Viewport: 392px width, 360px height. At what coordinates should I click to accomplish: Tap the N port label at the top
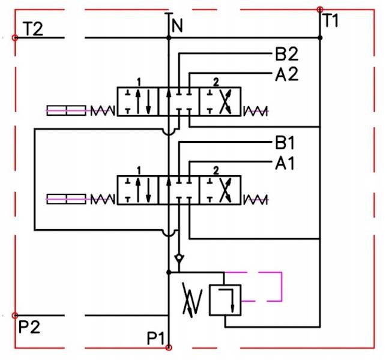pos(177,25)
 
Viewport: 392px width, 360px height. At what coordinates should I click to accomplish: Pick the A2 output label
pos(287,74)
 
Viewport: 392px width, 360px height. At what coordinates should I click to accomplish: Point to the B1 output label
pos(286,144)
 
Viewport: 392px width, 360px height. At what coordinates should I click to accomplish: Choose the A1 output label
pos(286,163)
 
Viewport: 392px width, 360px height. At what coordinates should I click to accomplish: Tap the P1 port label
pos(156,339)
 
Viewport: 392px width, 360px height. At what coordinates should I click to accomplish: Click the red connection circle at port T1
pos(320,10)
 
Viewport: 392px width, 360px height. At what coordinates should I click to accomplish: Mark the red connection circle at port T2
pos(15,38)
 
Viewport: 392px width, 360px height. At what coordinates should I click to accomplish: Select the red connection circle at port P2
pos(15,316)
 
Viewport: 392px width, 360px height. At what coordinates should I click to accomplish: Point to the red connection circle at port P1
pos(169,347)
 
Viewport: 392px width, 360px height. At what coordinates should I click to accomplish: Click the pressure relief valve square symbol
pos(224,300)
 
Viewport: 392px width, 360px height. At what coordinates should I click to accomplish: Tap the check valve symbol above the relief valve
pos(179,260)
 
